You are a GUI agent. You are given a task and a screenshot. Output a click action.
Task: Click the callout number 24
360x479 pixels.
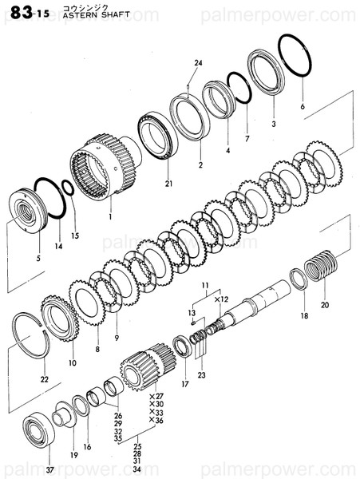198,63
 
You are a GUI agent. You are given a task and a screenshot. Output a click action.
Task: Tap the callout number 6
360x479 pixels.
303,106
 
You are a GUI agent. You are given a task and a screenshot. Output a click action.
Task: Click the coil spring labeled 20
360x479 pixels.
321,265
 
